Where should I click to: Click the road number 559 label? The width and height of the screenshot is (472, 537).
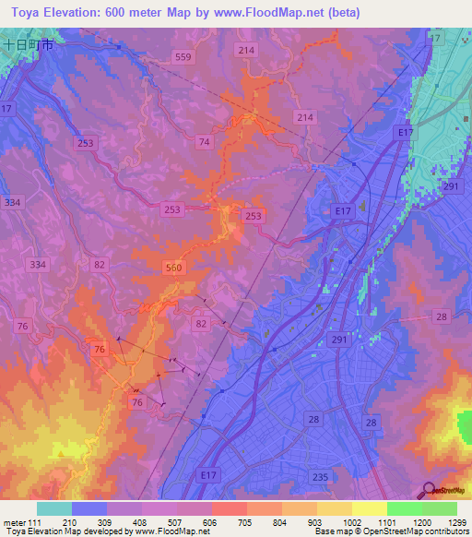183,57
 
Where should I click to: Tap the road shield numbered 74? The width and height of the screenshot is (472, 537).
204,141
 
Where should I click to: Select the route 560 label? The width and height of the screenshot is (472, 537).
174,268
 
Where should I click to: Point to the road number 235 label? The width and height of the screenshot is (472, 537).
320,476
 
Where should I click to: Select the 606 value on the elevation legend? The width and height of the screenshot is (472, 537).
211,521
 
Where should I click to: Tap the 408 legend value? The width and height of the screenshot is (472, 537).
141,521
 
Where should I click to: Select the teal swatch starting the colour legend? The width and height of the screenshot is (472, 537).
54,508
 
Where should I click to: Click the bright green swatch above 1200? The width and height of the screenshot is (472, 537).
404,508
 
